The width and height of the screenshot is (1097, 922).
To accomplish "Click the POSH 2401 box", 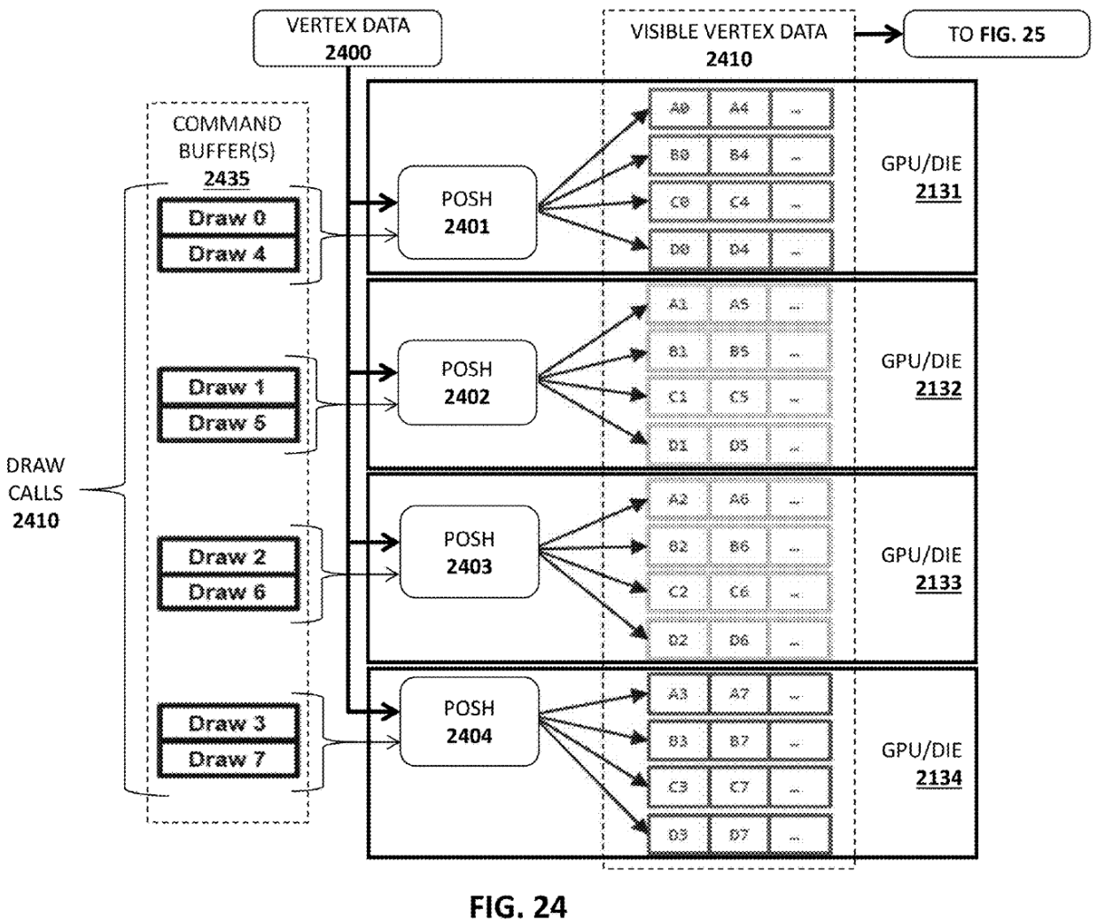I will tap(467, 213).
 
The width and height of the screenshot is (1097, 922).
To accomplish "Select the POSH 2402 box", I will tap(467, 383).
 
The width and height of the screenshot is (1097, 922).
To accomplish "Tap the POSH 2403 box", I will tap(469, 552).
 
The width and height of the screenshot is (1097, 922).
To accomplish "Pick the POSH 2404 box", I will tap(469, 722).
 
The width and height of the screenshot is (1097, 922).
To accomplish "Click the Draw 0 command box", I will tap(227, 218).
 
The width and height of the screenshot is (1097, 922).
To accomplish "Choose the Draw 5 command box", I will tap(227, 423).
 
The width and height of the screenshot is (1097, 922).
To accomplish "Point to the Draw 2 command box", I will tap(227, 557).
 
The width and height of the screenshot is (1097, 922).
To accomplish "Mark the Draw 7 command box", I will tap(227, 760).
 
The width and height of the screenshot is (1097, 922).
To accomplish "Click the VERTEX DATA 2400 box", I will tap(347, 38).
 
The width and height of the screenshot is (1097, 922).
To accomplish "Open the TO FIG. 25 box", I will tap(996, 35).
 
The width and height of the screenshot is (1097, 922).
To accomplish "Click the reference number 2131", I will tap(939, 191).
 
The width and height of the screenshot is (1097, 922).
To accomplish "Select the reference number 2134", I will tap(939, 778).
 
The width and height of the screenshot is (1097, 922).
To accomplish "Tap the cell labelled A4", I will tap(739, 108).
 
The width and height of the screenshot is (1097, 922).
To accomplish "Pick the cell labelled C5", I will tap(739, 397).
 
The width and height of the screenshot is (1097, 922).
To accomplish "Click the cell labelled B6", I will tap(739, 547).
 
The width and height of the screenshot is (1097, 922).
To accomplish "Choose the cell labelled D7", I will tap(739, 835).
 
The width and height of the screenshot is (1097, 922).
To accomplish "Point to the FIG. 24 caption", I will tap(517, 906).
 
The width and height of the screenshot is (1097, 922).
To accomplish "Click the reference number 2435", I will tap(227, 179).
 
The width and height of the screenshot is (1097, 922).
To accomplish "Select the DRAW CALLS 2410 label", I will tap(35, 493).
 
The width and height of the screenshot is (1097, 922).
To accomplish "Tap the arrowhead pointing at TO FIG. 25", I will tap(893, 35).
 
